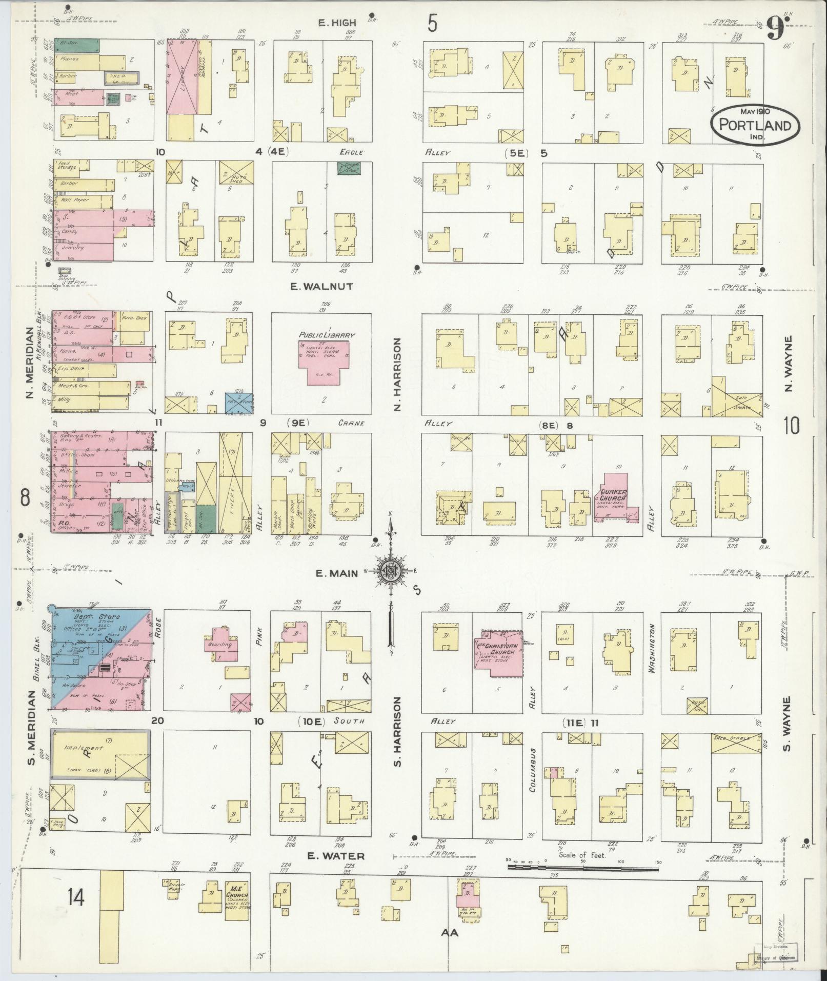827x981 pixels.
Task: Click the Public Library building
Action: [x=324, y=361]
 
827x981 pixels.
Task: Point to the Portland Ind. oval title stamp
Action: [x=755, y=124]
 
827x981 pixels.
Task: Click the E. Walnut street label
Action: [x=321, y=287]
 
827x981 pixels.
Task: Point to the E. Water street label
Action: [x=336, y=856]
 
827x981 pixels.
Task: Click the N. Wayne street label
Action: [x=788, y=363]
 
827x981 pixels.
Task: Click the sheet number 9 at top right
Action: [x=775, y=28]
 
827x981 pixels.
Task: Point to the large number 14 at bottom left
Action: [x=75, y=897]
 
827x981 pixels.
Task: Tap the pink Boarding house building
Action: [x=223, y=644]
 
